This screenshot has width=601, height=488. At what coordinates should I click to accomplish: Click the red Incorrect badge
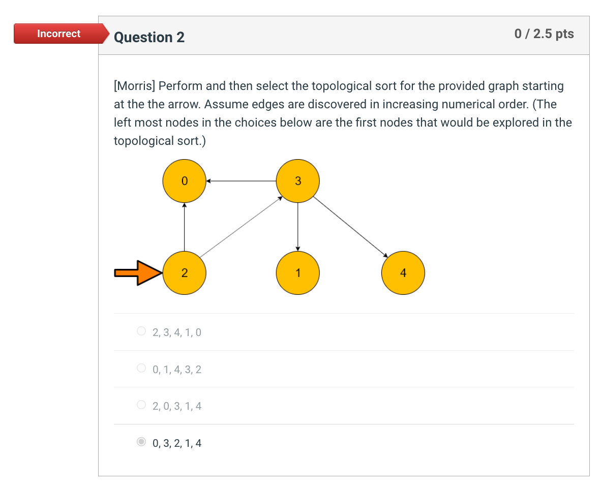(x=59, y=34)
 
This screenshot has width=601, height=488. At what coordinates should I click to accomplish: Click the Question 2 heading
(x=149, y=37)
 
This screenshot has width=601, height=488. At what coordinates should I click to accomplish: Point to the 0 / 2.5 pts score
(x=544, y=34)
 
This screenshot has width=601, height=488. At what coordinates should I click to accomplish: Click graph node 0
(x=184, y=180)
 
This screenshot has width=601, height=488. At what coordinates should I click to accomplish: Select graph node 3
(x=298, y=180)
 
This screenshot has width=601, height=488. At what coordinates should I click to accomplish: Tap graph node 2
(x=184, y=273)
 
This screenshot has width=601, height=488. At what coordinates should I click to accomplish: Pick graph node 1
(x=298, y=273)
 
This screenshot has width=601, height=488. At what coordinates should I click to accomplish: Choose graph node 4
(x=403, y=273)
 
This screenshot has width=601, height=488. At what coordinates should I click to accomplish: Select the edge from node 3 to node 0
(x=241, y=180)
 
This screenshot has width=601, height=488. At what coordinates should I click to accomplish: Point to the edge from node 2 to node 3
(x=241, y=227)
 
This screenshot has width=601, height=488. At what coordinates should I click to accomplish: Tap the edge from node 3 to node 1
(x=298, y=227)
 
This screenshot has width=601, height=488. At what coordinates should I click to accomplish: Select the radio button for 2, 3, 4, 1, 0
(x=141, y=331)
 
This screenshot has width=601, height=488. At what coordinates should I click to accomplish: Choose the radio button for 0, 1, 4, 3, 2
(x=141, y=368)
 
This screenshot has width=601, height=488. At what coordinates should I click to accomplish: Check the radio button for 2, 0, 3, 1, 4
(x=141, y=405)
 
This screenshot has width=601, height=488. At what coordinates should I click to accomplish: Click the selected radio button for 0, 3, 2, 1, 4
(x=141, y=442)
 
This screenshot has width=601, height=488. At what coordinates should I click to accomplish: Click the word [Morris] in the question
(x=134, y=86)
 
